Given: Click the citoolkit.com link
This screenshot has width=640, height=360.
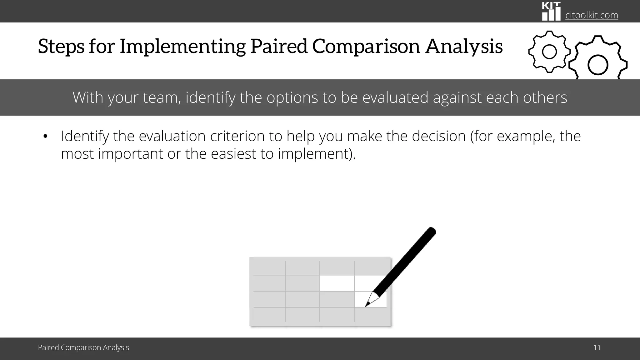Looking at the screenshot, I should [x=592, y=15].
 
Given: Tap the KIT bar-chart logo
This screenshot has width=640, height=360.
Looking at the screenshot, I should [x=551, y=12].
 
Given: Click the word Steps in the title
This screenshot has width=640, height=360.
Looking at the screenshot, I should [x=61, y=46].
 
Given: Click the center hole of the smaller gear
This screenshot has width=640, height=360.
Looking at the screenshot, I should [x=549, y=52].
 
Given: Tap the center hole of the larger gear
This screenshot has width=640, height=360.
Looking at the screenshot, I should [x=597, y=65].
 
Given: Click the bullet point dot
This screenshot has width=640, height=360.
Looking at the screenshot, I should [x=45, y=137].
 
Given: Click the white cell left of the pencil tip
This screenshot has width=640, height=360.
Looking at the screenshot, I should [x=337, y=283].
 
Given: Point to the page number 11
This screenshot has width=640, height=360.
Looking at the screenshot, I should [x=597, y=347].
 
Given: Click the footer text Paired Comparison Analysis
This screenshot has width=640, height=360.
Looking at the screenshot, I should [x=83, y=347].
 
